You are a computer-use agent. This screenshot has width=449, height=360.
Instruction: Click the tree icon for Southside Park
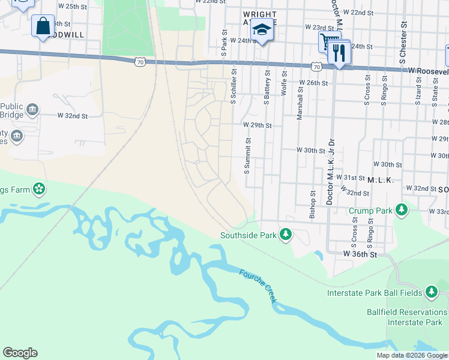coord(286,235)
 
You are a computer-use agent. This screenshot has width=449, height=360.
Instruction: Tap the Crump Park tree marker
coord(401,211)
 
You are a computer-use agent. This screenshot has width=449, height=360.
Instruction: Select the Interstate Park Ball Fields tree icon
coord(431,292)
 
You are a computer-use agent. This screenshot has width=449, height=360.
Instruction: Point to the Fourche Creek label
coord(258,286)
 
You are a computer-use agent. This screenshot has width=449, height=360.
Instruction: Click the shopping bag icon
coord(43,27)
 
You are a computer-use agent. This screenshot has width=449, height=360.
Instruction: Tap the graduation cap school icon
coord(262,29)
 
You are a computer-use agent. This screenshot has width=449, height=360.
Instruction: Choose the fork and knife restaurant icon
coord(339,53)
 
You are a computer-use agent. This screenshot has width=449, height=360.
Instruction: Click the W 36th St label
coord(360,254)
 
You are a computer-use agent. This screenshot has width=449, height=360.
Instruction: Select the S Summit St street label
coord(247,155)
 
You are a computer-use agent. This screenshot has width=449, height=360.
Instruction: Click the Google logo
coord(20,353)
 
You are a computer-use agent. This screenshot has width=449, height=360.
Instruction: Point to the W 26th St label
coord(315,83)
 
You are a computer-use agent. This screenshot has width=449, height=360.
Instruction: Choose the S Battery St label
coord(267,86)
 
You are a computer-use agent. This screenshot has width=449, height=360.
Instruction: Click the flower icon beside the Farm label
coord(39,189)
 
